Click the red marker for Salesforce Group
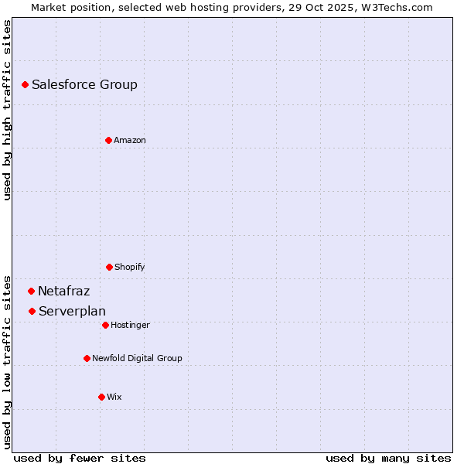[x=25, y=84]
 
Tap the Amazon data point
[x=108, y=140]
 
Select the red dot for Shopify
[x=109, y=267]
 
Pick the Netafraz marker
[x=31, y=291]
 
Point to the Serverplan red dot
[x=32, y=311]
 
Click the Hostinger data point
[x=105, y=325]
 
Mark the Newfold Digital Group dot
[x=87, y=358]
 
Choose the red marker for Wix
[x=101, y=397]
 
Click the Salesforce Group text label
[x=84, y=85]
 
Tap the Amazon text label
[x=130, y=141]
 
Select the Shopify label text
[x=130, y=268]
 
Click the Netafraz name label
[x=63, y=292]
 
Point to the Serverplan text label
[x=72, y=312]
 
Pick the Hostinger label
[x=130, y=326]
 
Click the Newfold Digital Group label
[x=137, y=359]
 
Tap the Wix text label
[x=114, y=397]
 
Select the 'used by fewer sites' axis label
[x=80, y=458]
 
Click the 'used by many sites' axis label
[x=388, y=458]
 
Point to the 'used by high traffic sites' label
[x=7, y=110]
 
